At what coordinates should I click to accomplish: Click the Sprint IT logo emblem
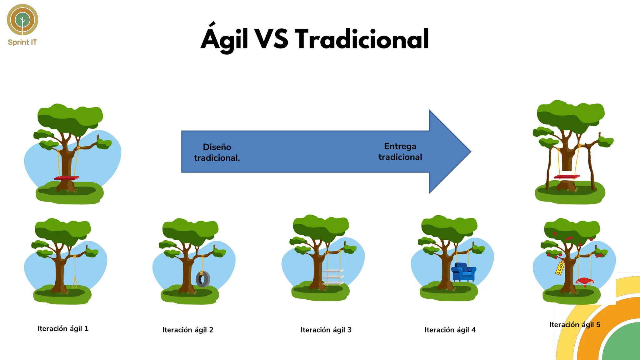point(22,20)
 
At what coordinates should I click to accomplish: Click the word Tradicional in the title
point(362,39)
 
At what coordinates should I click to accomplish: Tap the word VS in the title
point(271,39)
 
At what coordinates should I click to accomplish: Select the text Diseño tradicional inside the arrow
point(217,152)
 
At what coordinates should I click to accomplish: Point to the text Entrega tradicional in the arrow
point(400,152)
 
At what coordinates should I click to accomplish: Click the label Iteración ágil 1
point(63,328)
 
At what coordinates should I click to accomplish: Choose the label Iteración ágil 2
point(188,330)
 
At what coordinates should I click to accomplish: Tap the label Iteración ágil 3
point(326,330)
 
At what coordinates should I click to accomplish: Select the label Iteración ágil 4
point(450,330)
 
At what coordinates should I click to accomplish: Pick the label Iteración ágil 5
point(575,325)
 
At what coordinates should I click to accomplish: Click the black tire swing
point(203,279)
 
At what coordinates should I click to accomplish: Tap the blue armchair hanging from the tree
point(463,272)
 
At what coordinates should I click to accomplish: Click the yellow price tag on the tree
point(560,268)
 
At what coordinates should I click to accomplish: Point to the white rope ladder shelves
point(333,277)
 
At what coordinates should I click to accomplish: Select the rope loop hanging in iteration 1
point(75,282)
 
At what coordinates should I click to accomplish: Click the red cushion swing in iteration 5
point(585,281)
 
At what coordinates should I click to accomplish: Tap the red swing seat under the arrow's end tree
point(567,177)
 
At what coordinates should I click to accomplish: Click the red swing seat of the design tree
point(66,178)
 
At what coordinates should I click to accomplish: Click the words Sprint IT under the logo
point(22,42)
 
